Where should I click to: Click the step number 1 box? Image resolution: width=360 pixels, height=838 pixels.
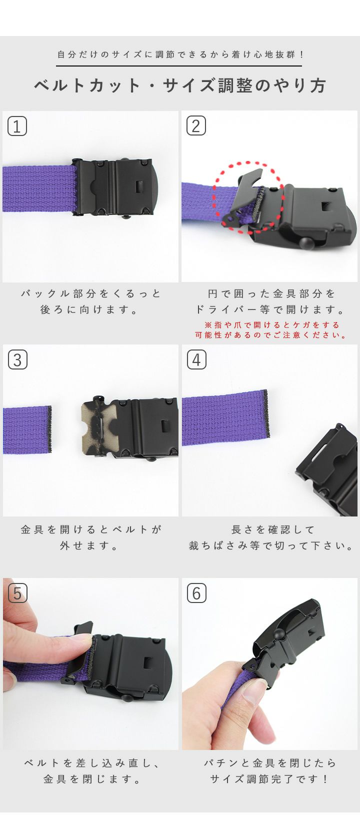click(x=17, y=126)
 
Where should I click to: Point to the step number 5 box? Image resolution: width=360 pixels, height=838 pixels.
click(x=17, y=593)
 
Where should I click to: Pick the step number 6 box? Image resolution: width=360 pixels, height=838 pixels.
click(x=196, y=593)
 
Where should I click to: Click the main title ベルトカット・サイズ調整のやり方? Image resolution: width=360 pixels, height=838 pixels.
click(x=180, y=85)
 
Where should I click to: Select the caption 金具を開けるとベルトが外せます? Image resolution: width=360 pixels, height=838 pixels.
click(x=91, y=537)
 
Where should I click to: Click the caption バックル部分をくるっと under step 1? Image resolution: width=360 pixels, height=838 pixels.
click(x=91, y=294)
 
